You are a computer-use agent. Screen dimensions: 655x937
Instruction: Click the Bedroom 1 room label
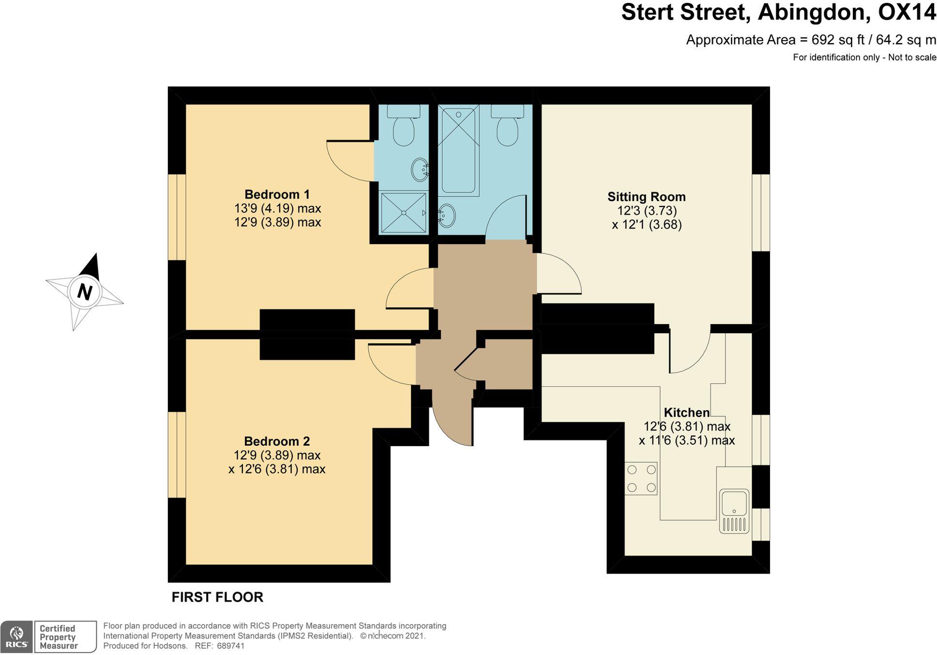click(277, 194)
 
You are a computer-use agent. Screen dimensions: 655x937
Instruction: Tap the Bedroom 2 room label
click(277, 441)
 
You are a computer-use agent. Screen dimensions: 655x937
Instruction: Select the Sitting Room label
click(647, 197)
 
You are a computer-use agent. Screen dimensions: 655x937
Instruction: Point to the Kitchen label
click(686, 413)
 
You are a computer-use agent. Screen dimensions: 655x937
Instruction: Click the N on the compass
click(85, 292)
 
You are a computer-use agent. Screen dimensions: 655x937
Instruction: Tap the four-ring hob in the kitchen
click(641, 479)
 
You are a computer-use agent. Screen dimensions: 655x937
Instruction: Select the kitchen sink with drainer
click(734, 511)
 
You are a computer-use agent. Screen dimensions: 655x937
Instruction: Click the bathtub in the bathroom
click(458, 150)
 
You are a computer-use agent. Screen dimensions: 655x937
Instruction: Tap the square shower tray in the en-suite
click(404, 212)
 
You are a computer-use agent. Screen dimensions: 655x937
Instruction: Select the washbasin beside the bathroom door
click(447, 216)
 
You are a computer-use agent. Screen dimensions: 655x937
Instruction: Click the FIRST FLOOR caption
click(217, 597)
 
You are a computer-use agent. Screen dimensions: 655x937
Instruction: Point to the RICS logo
click(16, 637)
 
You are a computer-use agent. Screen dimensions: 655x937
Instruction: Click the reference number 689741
click(231, 646)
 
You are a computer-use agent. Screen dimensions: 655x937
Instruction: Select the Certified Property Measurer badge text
click(58, 637)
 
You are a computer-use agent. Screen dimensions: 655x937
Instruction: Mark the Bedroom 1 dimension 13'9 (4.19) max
click(277, 208)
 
